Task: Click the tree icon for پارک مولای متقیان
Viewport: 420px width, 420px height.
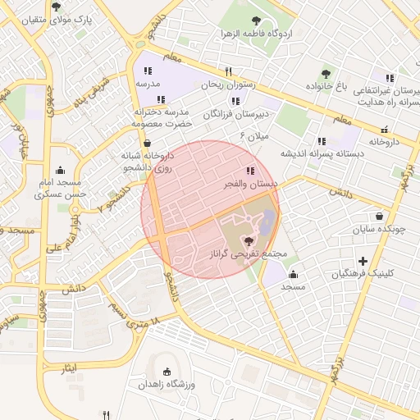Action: (x=57, y=6)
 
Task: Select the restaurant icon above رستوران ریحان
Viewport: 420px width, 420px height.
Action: (x=229, y=71)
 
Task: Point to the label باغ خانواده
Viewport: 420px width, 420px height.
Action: (x=327, y=86)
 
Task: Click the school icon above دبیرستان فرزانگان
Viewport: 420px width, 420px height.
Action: (x=236, y=101)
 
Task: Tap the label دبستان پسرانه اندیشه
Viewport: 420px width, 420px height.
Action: (x=322, y=153)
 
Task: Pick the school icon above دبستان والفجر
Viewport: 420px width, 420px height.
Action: (x=249, y=171)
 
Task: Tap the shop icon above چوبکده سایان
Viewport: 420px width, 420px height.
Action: (x=379, y=217)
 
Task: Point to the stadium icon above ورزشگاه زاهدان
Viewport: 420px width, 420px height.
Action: (x=169, y=372)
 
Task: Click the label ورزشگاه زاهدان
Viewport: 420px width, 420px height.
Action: (x=169, y=384)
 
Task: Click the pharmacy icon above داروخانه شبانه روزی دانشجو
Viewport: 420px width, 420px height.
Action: (x=146, y=142)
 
